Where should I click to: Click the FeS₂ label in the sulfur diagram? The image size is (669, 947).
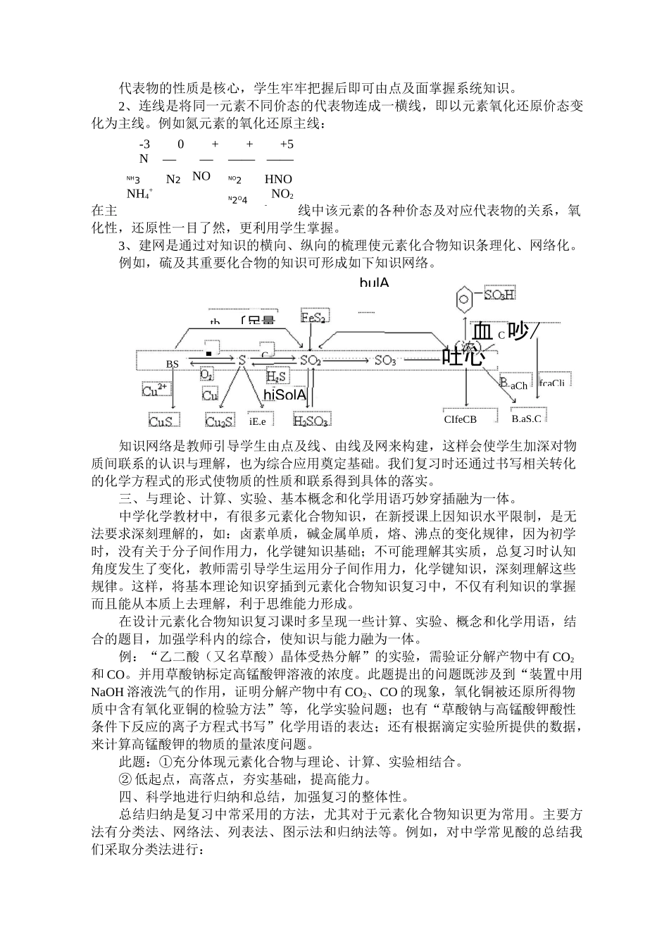click(313, 318)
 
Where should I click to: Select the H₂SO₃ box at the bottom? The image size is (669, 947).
click(310, 421)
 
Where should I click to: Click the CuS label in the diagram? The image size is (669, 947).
click(163, 421)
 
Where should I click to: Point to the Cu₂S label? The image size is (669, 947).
click(220, 421)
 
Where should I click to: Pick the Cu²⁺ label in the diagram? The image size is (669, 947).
click(155, 390)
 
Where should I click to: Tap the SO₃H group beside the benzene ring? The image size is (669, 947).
click(499, 295)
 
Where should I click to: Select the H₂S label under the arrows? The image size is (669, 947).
click(277, 376)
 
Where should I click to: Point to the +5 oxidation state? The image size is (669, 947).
click(287, 144)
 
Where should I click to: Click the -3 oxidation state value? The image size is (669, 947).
click(145, 144)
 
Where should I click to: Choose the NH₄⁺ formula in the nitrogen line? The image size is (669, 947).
click(139, 193)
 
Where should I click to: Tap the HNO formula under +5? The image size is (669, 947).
click(278, 179)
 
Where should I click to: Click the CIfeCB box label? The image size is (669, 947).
click(460, 419)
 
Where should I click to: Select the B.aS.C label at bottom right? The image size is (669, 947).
click(527, 419)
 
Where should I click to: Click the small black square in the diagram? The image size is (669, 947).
click(208, 352)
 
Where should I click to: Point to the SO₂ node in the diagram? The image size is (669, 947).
click(311, 361)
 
